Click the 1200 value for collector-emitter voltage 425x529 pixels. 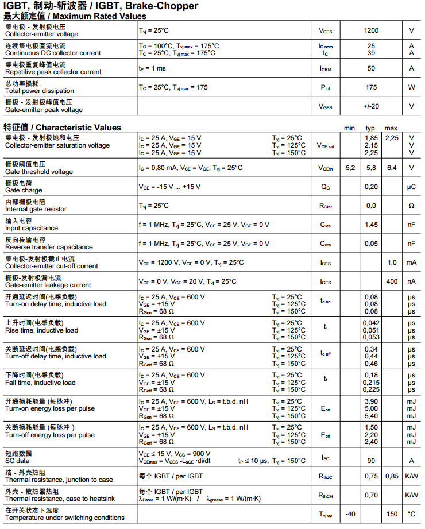[x=371, y=30]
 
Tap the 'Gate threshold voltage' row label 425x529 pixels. [x=39, y=172]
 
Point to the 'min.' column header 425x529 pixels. [x=350, y=128]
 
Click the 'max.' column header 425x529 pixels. [x=392, y=128]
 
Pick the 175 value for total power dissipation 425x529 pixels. [x=371, y=87]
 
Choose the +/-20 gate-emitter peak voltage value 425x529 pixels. [x=371, y=106]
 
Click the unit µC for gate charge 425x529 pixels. [x=411, y=187]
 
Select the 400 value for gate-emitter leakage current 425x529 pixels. [x=392, y=281]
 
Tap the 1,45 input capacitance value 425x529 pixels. [x=371, y=225]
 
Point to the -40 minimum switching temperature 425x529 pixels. [x=350, y=514]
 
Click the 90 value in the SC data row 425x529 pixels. [x=371, y=460]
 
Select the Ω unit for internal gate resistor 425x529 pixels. [x=411, y=206]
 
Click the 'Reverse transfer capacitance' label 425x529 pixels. [x=49, y=247]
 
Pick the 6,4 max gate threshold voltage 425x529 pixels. [x=392, y=168]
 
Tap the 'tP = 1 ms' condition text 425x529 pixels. [x=152, y=68]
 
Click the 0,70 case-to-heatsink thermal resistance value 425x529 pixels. [x=371, y=495]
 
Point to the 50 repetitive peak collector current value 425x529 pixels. [x=371, y=68]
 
